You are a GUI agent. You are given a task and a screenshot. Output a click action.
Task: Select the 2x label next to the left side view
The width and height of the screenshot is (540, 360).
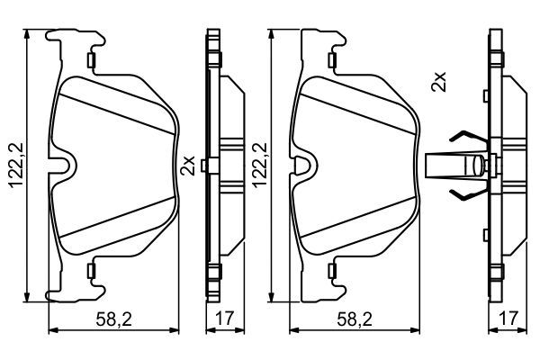pos(188,166)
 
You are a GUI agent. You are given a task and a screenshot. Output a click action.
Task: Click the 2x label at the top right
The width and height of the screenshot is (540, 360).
pos(438,83)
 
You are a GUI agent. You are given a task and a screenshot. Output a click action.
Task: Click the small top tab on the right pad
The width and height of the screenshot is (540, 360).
pos(335,61)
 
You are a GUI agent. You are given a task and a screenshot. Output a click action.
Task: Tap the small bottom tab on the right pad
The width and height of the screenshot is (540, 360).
pos(335,270)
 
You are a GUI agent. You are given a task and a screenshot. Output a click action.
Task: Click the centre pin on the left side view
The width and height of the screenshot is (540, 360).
pos(207,165)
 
